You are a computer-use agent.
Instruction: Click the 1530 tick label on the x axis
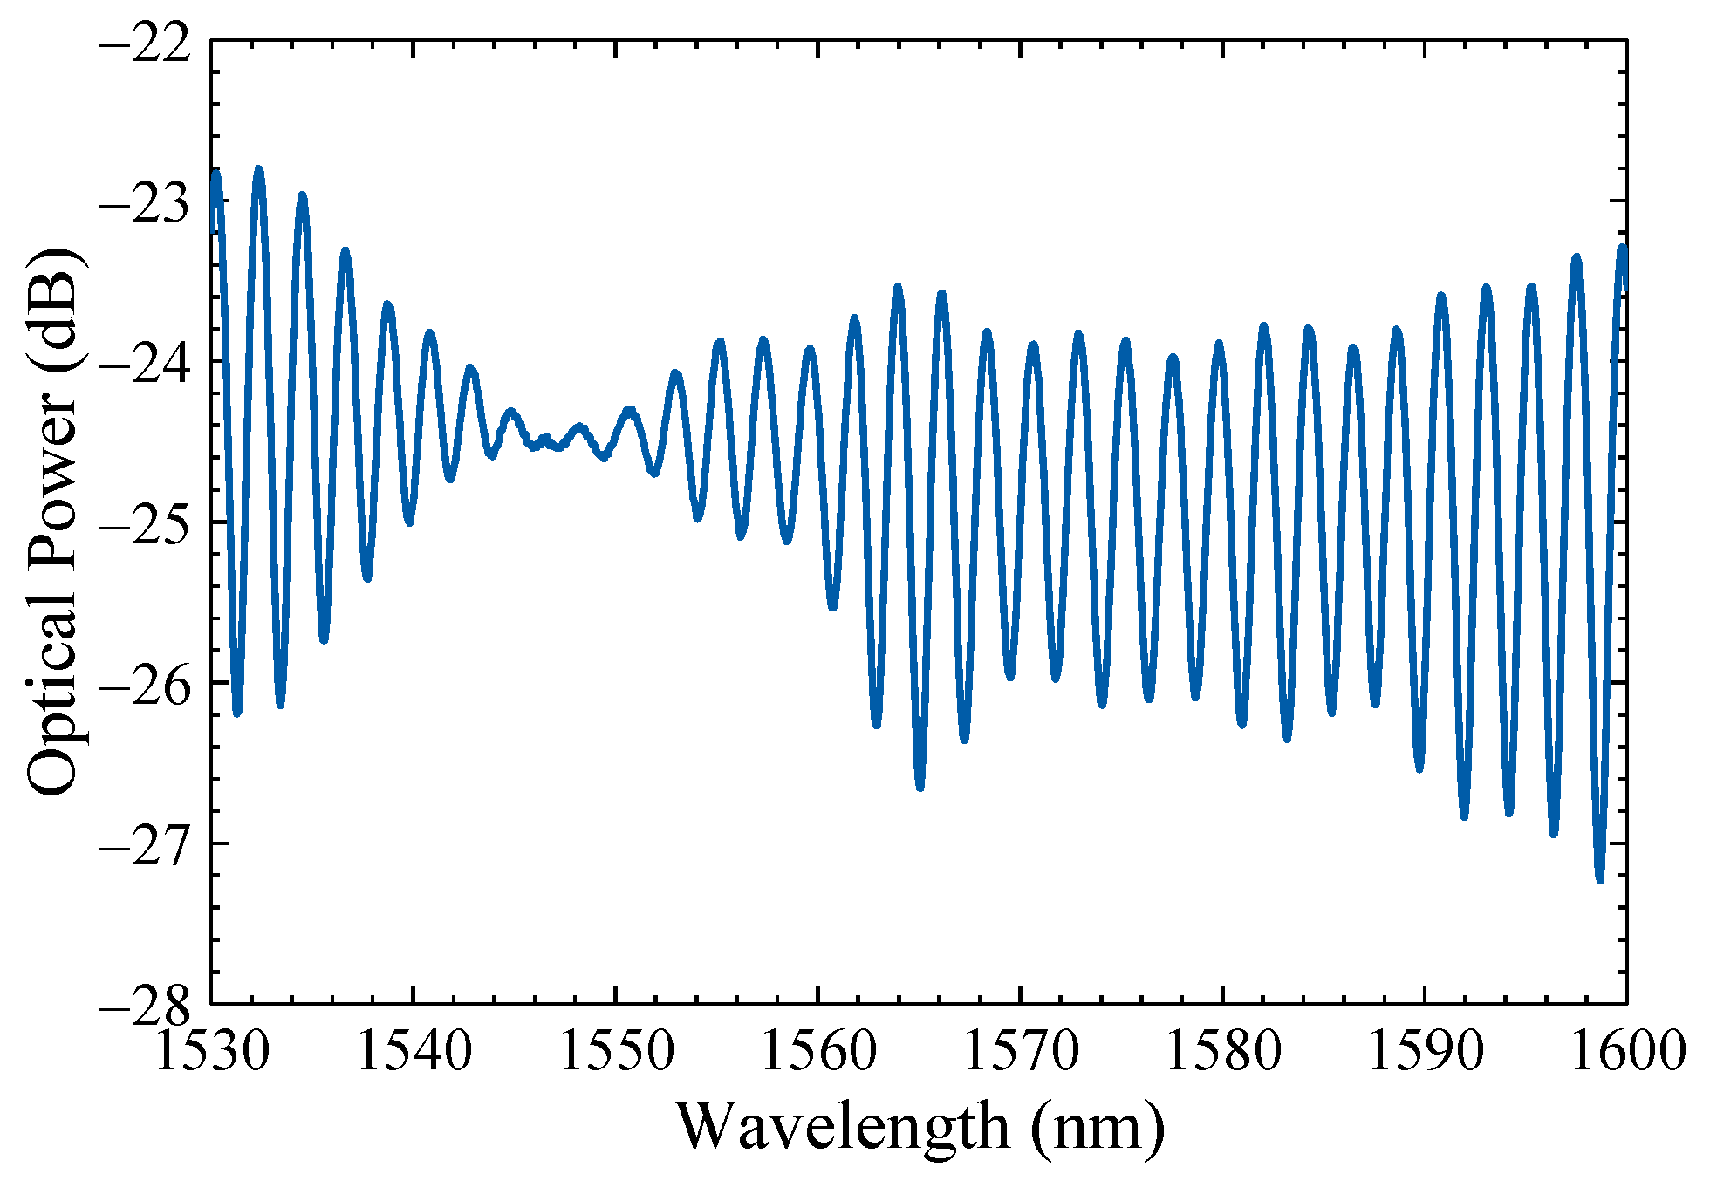(211, 1051)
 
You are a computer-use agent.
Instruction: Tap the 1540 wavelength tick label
(414, 1051)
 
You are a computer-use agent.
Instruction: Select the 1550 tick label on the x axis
(616, 1051)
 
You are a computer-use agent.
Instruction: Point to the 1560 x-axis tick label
(818, 1051)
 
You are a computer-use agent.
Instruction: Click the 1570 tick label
(1021, 1051)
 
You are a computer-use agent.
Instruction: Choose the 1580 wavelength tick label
(1223, 1051)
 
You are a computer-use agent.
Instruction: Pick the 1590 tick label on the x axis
(1426, 1051)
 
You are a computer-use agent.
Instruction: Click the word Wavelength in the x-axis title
(842, 1127)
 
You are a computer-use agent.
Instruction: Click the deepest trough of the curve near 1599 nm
(1600, 879)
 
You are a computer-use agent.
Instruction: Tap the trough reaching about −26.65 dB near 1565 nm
(920, 788)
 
